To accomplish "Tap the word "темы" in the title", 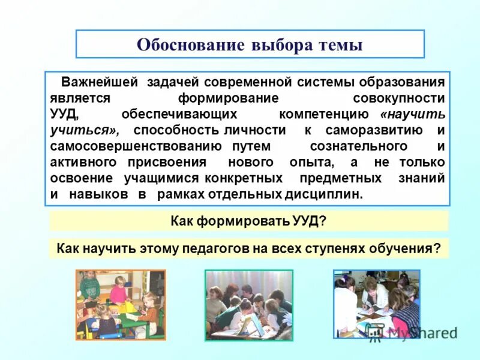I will [340, 45].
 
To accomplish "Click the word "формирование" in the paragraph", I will [228, 98].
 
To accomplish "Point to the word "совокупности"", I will [400, 98].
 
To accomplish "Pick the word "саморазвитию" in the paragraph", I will [375, 130].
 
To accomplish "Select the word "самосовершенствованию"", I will [137, 146].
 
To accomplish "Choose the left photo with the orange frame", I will [121, 304].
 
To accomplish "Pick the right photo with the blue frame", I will [376, 304].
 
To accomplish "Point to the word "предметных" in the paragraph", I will [340, 179].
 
